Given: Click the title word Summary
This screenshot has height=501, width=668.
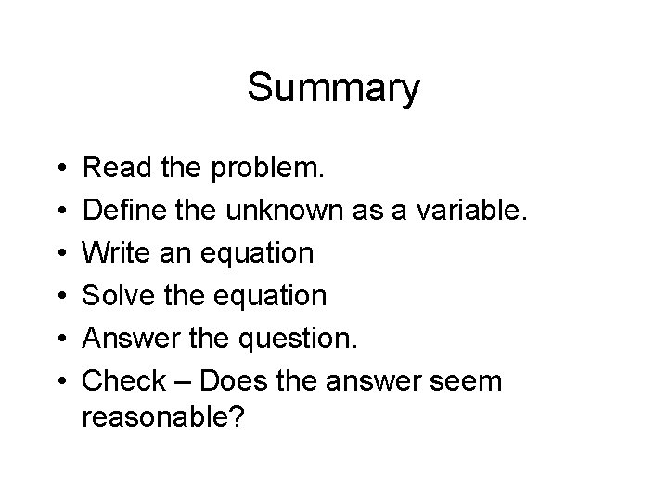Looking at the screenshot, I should [334, 90].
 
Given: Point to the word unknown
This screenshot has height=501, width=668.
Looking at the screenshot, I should [289, 212].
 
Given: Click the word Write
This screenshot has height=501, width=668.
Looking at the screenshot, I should [112, 254].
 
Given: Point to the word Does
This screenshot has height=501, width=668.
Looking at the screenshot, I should [233, 381].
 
